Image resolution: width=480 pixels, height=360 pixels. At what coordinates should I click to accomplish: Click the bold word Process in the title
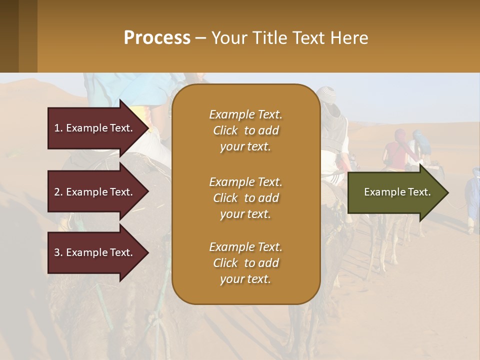click(157, 38)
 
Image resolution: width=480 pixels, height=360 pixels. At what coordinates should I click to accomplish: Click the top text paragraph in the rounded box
click(245, 130)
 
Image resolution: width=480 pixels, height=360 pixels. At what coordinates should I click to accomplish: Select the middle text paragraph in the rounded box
click(245, 198)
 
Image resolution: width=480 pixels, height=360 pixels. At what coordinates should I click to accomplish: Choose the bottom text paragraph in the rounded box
click(245, 263)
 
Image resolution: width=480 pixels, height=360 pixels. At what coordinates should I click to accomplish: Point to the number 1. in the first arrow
click(58, 128)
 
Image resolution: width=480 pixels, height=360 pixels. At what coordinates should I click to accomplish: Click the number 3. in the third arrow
click(58, 252)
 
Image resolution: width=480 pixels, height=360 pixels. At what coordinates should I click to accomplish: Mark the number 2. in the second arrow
click(58, 192)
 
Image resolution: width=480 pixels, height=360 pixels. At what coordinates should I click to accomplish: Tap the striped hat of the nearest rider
click(328, 93)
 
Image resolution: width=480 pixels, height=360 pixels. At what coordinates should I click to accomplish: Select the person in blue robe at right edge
click(472, 197)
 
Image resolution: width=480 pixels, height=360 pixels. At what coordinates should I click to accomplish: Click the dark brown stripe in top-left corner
click(9, 36)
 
